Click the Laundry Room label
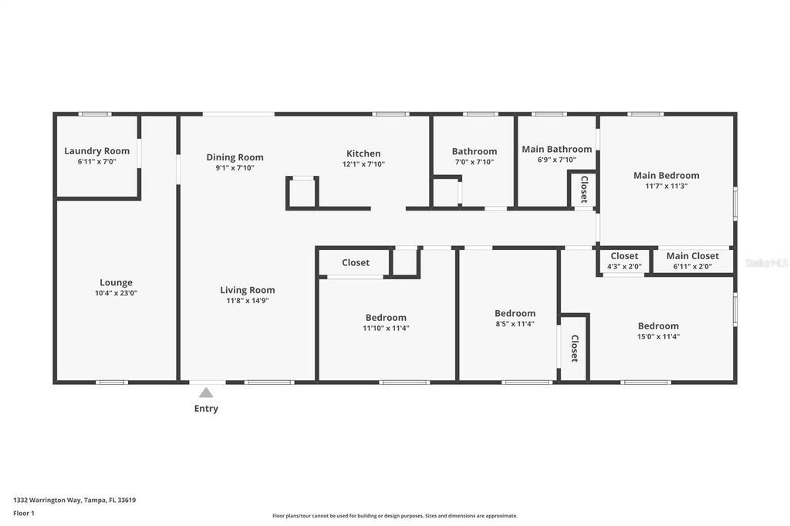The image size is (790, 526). [96, 151]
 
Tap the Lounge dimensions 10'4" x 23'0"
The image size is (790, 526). [116, 293]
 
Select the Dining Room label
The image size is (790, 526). [235, 157]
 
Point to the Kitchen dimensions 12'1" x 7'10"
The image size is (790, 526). [363, 164]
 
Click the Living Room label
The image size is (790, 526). [247, 290]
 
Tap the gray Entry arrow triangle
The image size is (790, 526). [206, 393]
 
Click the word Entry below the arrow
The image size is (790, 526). [206, 409]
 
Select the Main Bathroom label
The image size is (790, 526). [556, 150]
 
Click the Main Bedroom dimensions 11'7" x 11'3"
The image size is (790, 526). [666, 186]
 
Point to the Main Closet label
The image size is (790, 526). [692, 256]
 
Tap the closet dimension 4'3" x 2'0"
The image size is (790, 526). [624, 267]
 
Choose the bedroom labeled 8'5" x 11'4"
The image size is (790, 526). [515, 313]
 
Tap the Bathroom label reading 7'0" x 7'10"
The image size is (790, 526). [474, 152]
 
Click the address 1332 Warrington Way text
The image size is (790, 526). [75, 500]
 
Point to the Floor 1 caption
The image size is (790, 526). [24, 513]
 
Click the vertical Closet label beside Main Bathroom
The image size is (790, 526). [584, 189]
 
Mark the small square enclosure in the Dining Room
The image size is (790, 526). [302, 193]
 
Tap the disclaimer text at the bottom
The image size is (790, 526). [394, 516]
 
